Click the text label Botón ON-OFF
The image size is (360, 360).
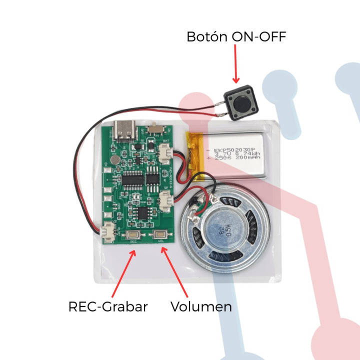point(236,37)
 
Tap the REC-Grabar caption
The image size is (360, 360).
point(108,306)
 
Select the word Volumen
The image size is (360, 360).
point(201,306)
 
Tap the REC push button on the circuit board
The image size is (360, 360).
point(133,235)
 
